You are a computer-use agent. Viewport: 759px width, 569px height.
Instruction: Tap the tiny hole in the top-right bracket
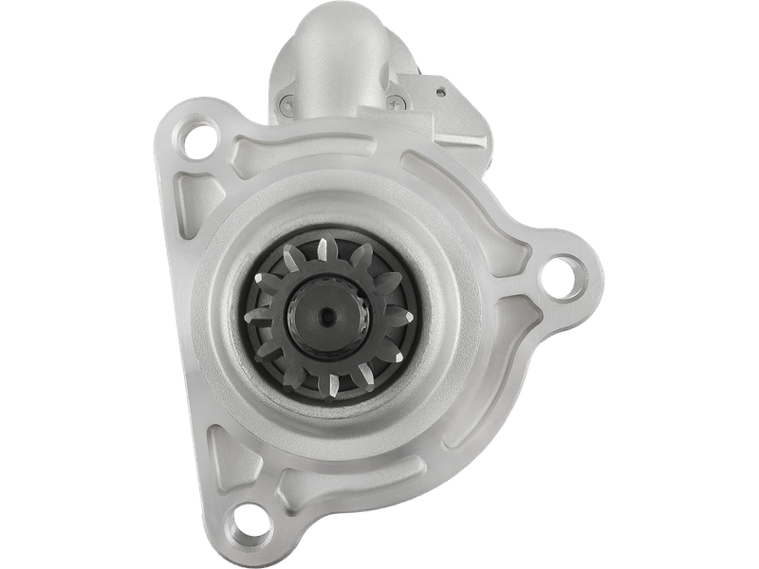pos(443,91)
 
